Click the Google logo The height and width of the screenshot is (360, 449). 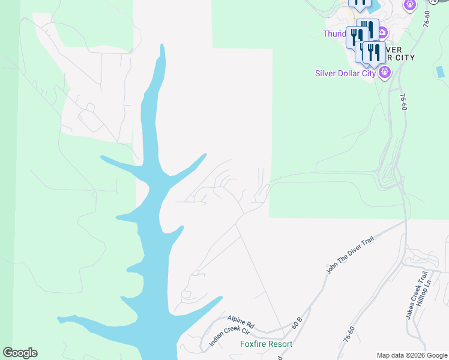pos(20,353)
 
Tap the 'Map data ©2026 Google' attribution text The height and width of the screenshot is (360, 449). pos(412,355)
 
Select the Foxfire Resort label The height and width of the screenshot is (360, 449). pos(266,344)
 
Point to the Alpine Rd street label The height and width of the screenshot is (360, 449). pos(241,322)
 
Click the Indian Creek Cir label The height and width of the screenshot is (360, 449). pos(229,335)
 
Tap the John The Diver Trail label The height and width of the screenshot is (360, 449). pos(350,255)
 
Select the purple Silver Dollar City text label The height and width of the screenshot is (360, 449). pos(345,74)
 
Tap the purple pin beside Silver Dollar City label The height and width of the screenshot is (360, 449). pos(385,73)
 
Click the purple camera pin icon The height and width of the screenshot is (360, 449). pos(382,32)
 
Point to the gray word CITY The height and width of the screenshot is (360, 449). pos(402,58)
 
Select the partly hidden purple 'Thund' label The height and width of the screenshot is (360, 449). pos(334,34)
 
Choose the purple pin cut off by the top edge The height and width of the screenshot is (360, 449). pos(410,5)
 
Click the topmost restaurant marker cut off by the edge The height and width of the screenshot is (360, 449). pos(360,4)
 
